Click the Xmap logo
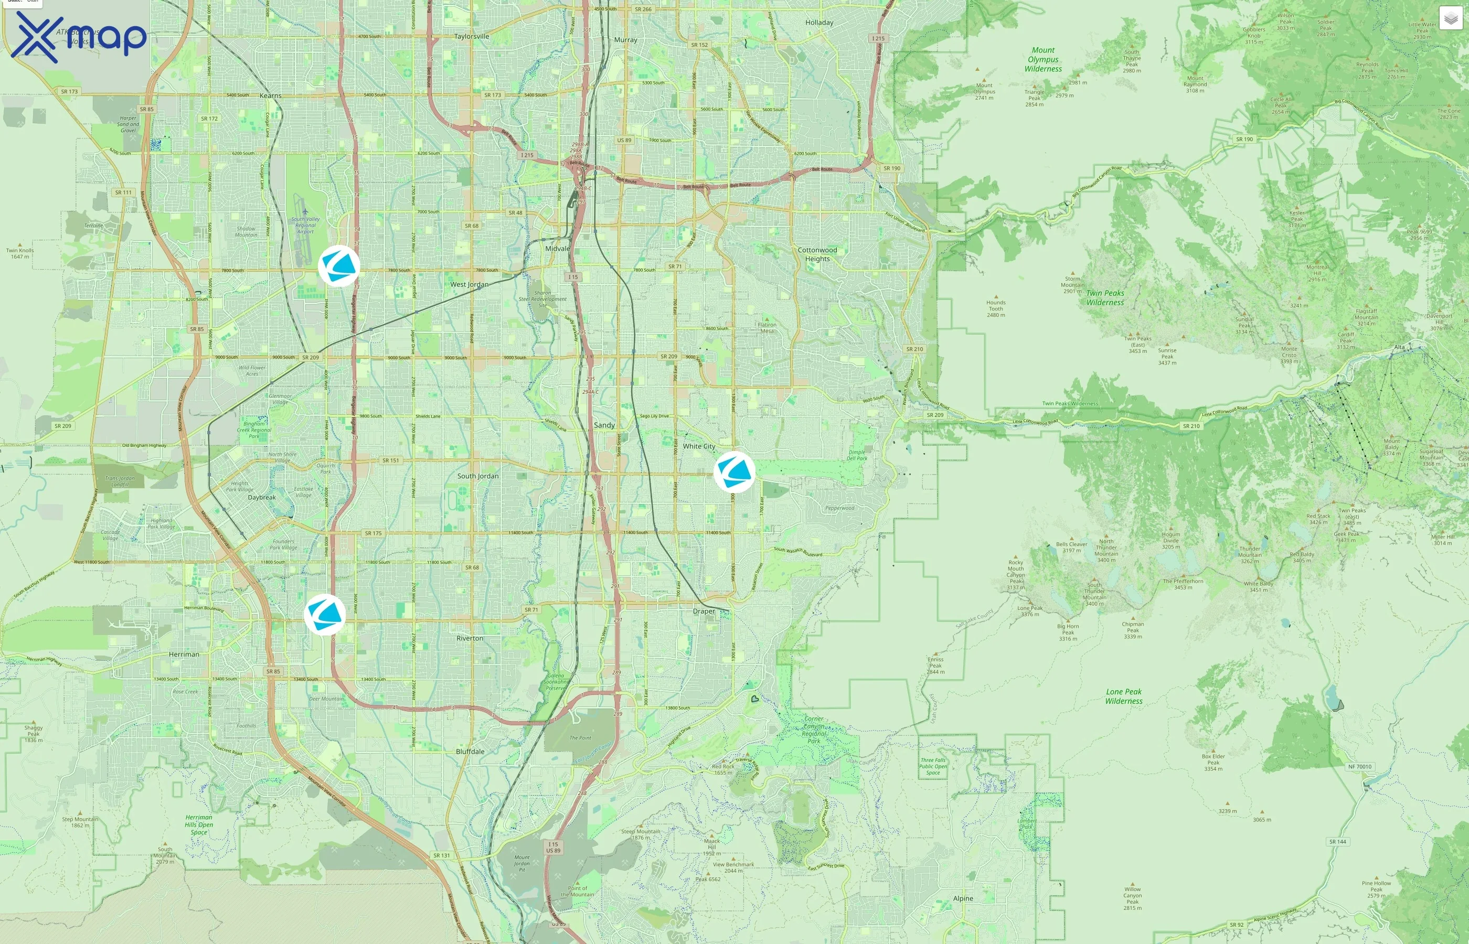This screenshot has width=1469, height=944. (79, 37)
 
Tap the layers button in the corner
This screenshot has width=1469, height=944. (1451, 18)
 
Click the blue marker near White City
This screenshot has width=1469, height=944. (734, 471)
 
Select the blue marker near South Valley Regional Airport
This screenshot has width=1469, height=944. (338, 266)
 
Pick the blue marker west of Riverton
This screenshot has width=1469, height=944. (325, 614)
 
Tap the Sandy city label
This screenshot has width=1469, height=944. (604, 425)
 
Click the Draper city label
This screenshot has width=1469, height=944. (704, 611)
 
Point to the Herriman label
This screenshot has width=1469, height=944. (184, 654)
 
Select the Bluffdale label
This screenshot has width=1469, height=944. (470, 751)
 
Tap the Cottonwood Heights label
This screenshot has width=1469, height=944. (817, 254)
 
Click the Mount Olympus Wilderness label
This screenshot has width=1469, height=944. (1043, 59)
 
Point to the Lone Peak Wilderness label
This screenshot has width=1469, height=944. (1124, 696)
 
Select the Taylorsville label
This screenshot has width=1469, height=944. (472, 36)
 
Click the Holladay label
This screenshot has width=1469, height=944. (819, 23)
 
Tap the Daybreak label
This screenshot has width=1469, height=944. (262, 497)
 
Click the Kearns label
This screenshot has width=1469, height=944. (270, 95)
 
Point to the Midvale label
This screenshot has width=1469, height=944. (557, 248)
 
